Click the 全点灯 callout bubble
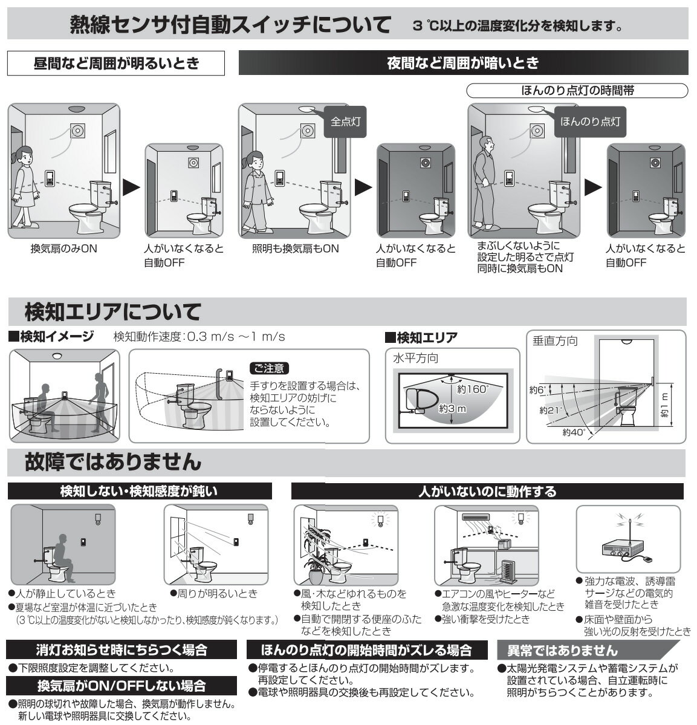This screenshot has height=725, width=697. pos(345,122)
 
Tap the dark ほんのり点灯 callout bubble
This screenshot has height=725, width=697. pos(590,122)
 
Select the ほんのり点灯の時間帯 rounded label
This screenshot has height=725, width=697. pos(577,90)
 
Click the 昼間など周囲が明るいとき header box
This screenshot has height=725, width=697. pos(116,63)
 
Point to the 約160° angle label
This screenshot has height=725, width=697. pos(472,389)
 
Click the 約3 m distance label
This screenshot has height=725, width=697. pos(453,409)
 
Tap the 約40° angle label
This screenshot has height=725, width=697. pos(574,432)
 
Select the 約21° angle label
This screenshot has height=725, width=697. pos(551,410)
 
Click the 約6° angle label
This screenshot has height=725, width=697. pos(537,390)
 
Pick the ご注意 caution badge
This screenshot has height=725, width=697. pos(269,368)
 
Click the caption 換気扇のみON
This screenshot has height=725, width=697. pos(64,249)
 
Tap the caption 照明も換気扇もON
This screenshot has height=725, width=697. pos(296,249)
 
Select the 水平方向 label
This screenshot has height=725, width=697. pos(415,359)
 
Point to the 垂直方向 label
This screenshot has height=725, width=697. pos(555,341)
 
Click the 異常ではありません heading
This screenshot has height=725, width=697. pos(562,651)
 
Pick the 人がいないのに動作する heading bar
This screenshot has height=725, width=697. pos(487,491)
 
